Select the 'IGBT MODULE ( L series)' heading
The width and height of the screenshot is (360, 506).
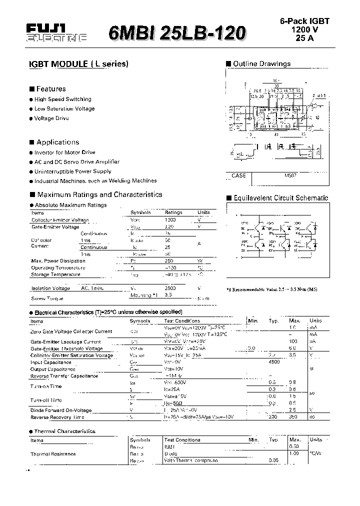[77, 64]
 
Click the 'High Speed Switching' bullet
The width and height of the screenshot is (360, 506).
[62, 99]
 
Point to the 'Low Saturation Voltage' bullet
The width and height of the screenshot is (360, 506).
[64, 108]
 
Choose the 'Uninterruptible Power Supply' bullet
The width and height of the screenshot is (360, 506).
[73, 171]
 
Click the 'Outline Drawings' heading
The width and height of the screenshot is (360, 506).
[261, 64]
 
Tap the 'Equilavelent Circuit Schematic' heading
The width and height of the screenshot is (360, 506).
[280, 198]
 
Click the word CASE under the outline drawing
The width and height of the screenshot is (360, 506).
[238, 175]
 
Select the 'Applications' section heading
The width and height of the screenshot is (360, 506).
[57, 142]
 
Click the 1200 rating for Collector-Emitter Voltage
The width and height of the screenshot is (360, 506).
[170, 220]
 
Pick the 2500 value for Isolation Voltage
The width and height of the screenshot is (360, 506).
[170, 288]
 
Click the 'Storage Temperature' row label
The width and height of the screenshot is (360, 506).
[55, 274]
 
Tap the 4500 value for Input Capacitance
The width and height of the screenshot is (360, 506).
[274, 362]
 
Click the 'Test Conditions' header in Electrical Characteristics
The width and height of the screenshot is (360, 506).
[182, 321]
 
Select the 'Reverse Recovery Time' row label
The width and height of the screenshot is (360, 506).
[57, 417]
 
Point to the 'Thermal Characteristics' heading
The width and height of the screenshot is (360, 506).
[64, 431]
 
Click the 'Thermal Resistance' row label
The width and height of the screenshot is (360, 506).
[53, 454]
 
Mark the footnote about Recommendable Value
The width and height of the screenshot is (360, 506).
[271, 289]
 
